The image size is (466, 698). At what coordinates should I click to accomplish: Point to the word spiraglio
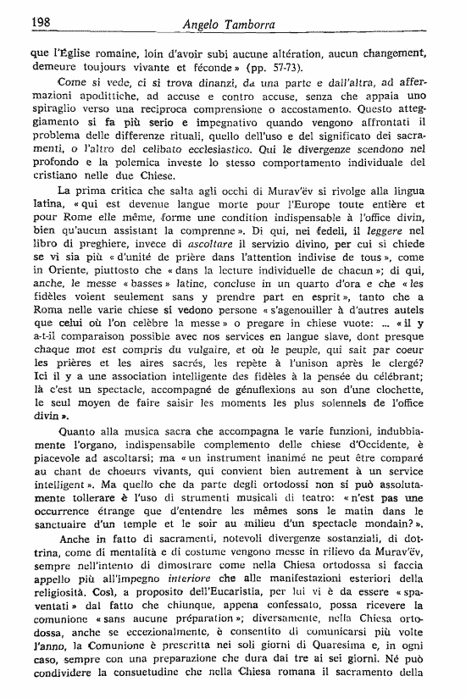pos(43,113)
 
